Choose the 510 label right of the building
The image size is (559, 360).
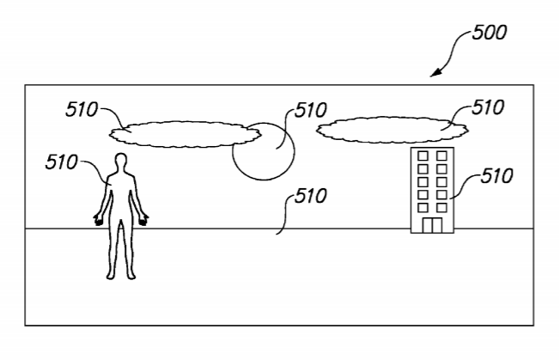coord(495,176)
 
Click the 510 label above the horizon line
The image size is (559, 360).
coord(310,195)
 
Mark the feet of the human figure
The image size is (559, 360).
coord(121,274)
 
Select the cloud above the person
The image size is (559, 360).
coord(185,132)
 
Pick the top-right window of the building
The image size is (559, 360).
coord(443,156)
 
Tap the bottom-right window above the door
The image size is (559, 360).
coord(443,206)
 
